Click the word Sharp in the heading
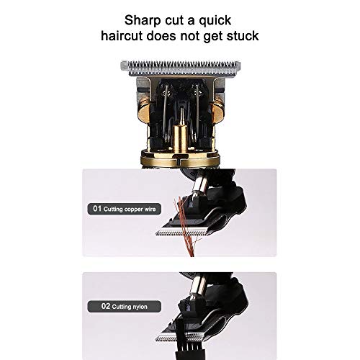click(x=143, y=21)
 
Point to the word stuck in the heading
click(x=243, y=36)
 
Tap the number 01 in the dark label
click(x=97, y=209)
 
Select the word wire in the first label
click(x=150, y=209)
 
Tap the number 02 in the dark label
click(x=106, y=306)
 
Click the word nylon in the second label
click(x=140, y=307)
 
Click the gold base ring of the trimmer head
click(x=180, y=158)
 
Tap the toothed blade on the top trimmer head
click(x=181, y=68)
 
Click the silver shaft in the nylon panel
click(x=197, y=286)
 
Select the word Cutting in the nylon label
click(x=121, y=307)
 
